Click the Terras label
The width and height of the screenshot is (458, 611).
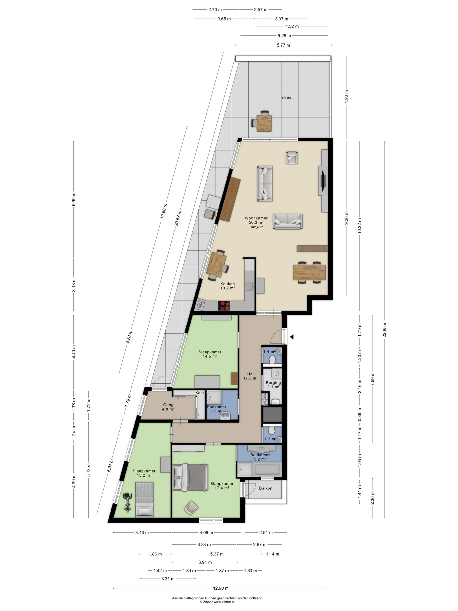[285, 97]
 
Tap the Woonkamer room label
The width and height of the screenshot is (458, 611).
[256, 218]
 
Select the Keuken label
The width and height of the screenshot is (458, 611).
[227, 284]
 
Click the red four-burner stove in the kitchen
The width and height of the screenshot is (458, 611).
[224, 305]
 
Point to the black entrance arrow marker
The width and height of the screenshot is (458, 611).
[292, 337]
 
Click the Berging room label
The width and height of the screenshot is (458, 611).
[273, 383]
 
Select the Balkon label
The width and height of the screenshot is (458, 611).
[266, 488]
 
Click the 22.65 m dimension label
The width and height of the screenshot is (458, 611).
[384, 330]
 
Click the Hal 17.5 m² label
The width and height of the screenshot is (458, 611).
[250, 376]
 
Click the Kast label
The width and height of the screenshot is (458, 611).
[200, 393]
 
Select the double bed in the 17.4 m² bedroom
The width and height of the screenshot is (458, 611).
[190, 478]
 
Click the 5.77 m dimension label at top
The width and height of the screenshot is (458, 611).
[284, 45]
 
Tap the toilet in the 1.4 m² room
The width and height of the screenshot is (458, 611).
[272, 360]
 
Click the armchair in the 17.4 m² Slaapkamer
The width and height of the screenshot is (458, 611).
[191, 508]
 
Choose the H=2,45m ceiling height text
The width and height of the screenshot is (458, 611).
[256, 227]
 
